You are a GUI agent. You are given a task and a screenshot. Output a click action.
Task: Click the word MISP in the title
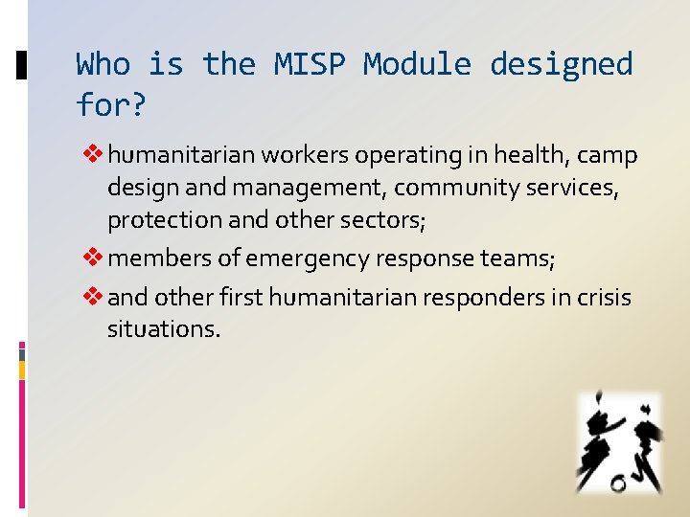click(310, 65)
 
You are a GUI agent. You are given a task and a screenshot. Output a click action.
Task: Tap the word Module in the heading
click(418, 65)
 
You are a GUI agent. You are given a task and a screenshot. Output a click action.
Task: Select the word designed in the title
click(562, 65)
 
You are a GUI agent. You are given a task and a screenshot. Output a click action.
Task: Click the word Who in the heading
click(103, 65)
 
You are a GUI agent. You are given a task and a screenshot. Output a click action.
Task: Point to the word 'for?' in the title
click(111, 104)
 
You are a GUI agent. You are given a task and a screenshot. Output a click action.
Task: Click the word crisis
click(604, 298)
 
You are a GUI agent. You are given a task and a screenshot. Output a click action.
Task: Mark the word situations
click(164, 330)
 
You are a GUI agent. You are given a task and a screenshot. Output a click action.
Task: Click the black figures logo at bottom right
click(618, 442)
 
